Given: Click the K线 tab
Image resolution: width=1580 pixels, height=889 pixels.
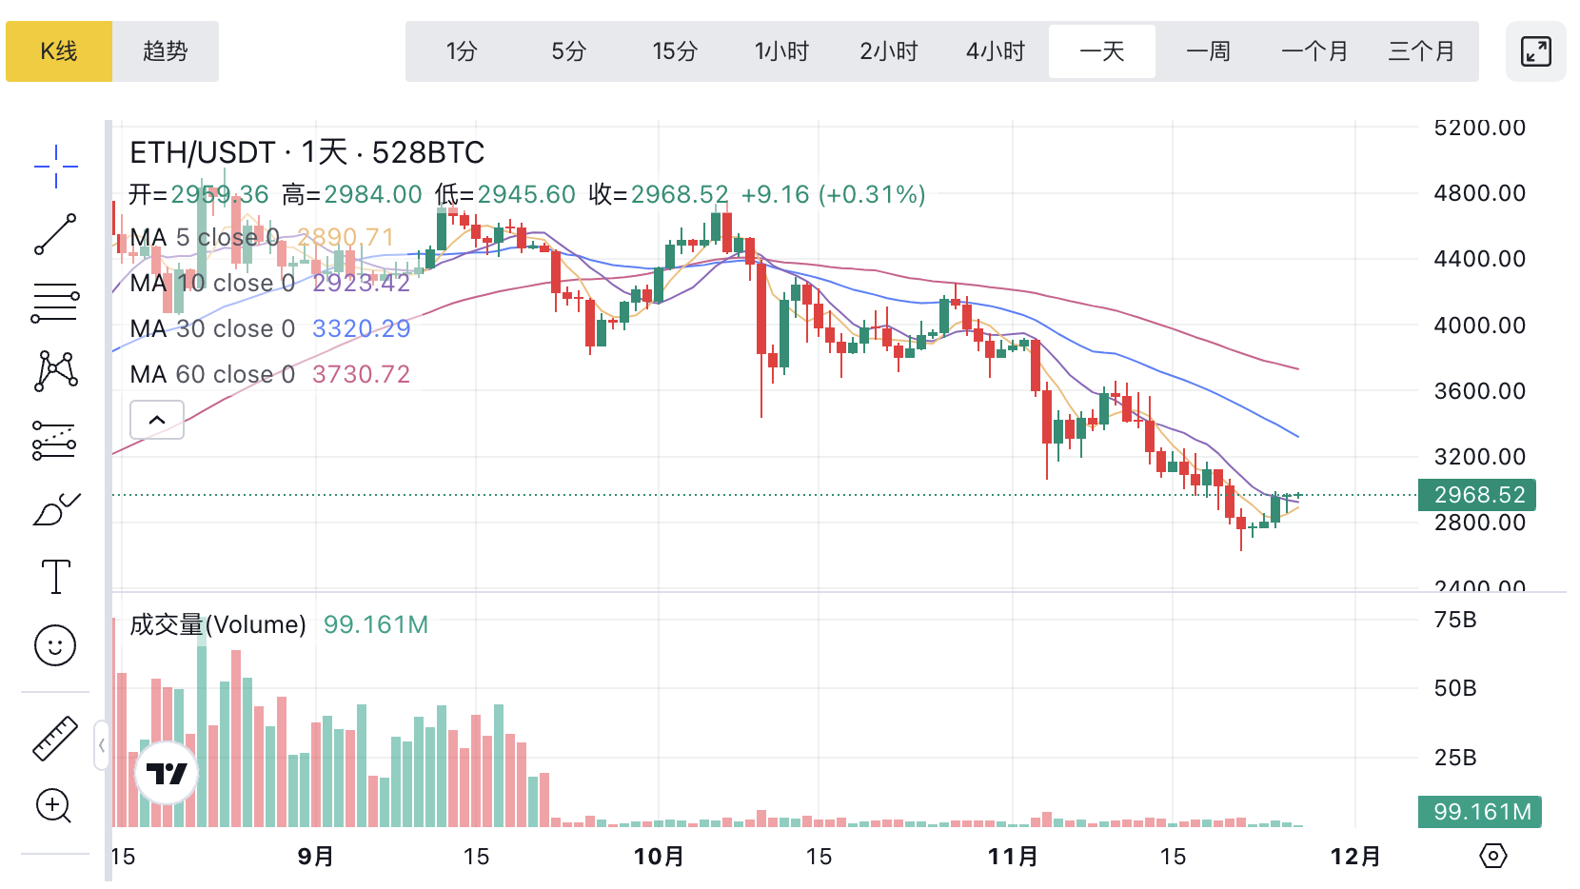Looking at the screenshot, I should tap(59, 51).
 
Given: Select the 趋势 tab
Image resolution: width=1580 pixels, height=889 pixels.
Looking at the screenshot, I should tap(166, 51).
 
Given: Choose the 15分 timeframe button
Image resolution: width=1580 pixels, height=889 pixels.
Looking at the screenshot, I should tap(675, 51).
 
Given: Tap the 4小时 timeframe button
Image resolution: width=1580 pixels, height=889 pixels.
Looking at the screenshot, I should tap(995, 51).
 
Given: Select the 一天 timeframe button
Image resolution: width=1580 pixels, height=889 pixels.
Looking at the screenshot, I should tap(1101, 51).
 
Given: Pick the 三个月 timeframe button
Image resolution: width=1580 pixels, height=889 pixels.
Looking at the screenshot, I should tap(1421, 51).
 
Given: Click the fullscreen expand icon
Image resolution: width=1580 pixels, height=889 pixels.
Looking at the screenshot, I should tap(1535, 51).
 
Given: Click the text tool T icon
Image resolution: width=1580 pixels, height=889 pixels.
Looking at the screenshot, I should tap(55, 577).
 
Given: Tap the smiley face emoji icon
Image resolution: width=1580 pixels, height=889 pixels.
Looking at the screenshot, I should tap(55, 645).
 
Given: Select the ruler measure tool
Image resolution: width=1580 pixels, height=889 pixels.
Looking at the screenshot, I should tap(55, 738).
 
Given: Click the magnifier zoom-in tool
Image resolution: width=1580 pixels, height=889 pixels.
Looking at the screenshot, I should tap(53, 806).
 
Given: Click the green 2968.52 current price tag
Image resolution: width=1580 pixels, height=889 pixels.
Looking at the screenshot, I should tap(1477, 495).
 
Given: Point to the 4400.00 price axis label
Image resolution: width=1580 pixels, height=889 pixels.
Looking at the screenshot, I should tap(1479, 259).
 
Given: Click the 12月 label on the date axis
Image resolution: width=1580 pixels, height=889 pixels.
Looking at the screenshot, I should tap(1354, 857).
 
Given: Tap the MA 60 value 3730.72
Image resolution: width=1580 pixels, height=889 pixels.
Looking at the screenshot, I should tap(361, 374).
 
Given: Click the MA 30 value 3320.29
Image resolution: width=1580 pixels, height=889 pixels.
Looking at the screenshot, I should tap(361, 328).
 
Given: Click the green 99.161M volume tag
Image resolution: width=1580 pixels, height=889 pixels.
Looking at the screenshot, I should tap(1480, 812).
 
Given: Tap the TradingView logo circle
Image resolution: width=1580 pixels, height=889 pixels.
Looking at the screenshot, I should tap(167, 773).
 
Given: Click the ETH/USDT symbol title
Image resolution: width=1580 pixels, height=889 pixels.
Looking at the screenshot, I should tap(202, 152).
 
